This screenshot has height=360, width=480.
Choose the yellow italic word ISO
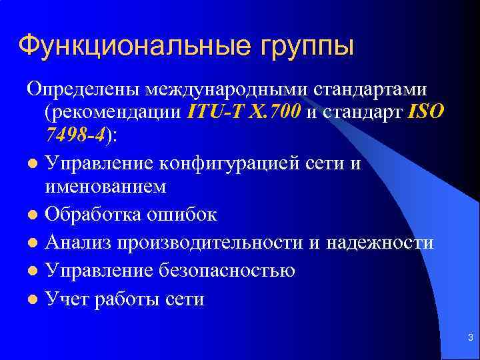423,111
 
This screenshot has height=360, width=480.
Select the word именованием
105,187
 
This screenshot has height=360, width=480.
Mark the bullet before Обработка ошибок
33,215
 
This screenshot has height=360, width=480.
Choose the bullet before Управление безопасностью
33,271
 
